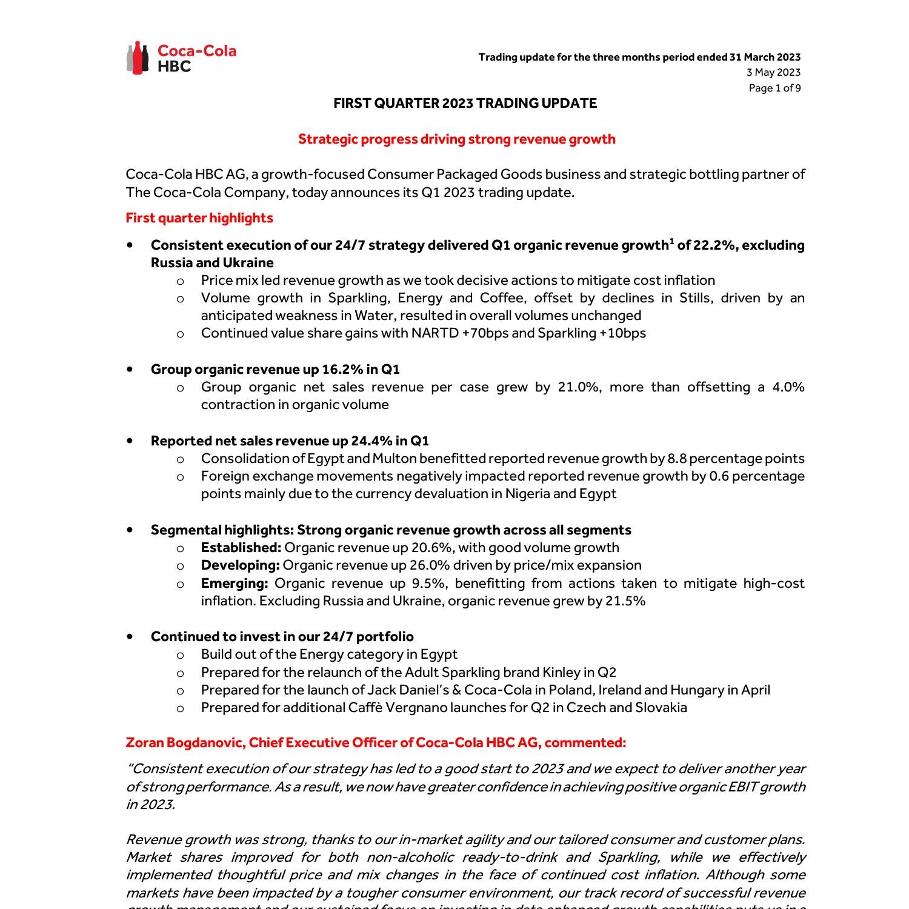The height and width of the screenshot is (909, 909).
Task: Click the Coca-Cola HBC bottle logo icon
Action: pyautogui.click(x=138, y=58)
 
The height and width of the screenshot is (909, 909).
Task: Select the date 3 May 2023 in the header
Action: pyautogui.click(x=773, y=73)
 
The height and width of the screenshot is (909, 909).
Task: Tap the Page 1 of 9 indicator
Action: pyautogui.click(x=774, y=88)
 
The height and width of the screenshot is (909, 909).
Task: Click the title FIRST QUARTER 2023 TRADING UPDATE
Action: pyautogui.click(x=465, y=104)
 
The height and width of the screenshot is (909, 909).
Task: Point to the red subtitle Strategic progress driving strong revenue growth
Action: pyautogui.click(x=456, y=139)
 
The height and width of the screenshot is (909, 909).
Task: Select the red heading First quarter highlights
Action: pyautogui.click(x=199, y=218)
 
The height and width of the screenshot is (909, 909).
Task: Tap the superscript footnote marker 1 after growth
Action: pyautogui.click(x=671, y=241)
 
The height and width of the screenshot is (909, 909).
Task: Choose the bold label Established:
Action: pyautogui.click(x=241, y=548)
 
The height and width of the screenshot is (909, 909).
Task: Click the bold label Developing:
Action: pyautogui.click(x=241, y=565)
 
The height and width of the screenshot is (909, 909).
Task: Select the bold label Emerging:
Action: pyautogui.click(x=235, y=584)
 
